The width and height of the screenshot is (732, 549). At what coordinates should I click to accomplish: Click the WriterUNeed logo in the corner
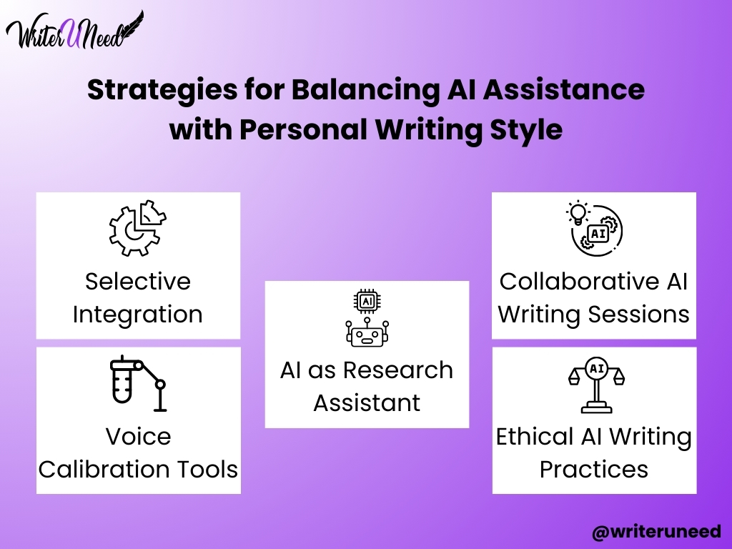74,30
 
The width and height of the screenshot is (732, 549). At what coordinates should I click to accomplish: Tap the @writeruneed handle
656,532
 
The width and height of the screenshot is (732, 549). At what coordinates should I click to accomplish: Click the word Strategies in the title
162,90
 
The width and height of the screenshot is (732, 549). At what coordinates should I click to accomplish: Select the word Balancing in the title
365,90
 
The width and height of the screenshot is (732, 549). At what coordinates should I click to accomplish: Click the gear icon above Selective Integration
138,228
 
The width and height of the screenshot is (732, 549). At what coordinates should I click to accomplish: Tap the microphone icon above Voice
138,383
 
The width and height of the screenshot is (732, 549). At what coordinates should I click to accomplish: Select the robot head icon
367,332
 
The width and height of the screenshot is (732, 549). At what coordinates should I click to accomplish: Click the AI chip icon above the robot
367,301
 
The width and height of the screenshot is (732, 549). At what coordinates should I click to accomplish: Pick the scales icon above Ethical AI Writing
596,385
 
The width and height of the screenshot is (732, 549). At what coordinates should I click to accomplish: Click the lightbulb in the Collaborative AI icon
578,213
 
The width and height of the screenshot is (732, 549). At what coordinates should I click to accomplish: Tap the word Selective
138,282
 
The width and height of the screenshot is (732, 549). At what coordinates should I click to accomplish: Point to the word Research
398,371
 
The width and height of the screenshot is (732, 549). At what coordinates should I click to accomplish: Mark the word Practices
594,470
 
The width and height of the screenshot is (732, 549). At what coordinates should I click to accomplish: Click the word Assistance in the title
564,89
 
